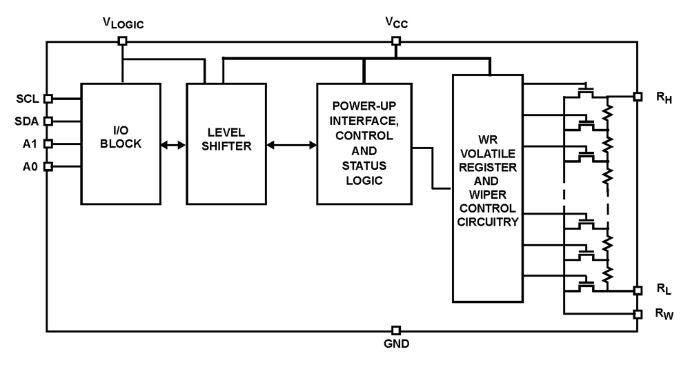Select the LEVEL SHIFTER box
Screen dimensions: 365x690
pos(226,144)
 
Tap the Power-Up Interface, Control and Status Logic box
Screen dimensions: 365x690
pos(364,144)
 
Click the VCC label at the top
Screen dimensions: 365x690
pos(395,23)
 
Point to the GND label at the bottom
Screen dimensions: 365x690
pos(396,345)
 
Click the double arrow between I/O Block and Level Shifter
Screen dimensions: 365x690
pos(173,145)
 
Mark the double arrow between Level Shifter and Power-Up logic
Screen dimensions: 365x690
pos(291,145)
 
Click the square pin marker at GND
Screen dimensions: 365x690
pos(396,331)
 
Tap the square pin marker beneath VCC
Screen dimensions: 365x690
pos(395,41)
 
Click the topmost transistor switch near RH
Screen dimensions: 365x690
pos(586,91)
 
